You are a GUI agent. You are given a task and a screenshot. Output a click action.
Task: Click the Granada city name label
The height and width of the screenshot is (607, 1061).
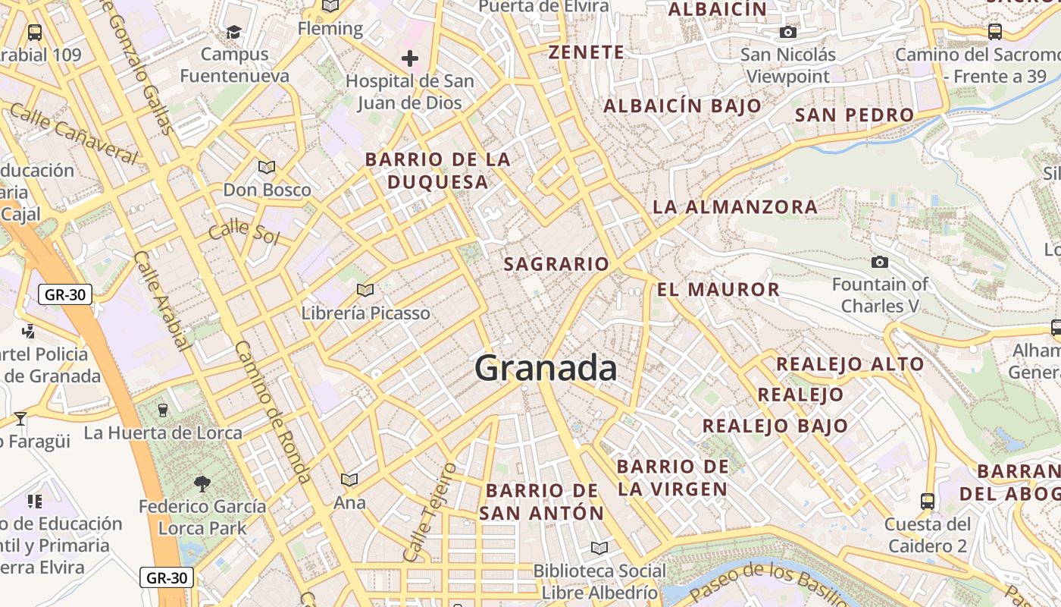pyautogui.click(x=546, y=369)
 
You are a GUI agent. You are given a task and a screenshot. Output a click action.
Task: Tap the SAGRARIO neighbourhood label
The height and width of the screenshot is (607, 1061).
pyautogui.click(x=556, y=264)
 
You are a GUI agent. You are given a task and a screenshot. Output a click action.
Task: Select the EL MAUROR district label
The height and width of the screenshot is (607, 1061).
pyautogui.click(x=718, y=289)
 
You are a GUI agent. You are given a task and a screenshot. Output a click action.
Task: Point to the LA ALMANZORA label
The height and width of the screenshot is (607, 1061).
pyautogui.click(x=735, y=206)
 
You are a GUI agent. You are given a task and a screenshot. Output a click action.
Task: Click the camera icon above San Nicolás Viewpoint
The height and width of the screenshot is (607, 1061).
pyautogui.click(x=788, y=33)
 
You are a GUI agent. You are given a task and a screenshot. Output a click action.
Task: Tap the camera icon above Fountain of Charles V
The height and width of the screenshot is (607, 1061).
pyautogui.click(x=880, y=263)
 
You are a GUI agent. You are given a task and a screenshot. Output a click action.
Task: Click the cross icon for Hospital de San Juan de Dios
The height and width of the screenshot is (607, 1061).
pyautogui.click(x=410, y=58)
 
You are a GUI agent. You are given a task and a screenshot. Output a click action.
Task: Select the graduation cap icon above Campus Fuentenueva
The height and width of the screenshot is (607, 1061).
pyautogui.click(x=234, y=33)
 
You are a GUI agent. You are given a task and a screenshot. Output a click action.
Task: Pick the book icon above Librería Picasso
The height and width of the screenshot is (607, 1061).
pyautogui.click(x=365, y=290)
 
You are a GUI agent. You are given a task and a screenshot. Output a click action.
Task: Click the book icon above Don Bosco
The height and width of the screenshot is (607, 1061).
pyautogui.click(x=266, y=167)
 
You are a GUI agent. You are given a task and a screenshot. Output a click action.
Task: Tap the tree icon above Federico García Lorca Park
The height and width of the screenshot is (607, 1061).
pyautogui.click(x=202, y=483)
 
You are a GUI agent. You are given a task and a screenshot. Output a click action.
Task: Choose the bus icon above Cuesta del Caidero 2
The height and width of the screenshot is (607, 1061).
pyautogui.click(x=928, y=501)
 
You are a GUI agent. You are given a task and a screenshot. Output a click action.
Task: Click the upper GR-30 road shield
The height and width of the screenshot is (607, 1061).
pyautogui.click(x=65, y=294)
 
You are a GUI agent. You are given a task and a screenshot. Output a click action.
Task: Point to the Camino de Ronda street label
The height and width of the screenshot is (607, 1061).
pyautogui.click(x=272, y=412)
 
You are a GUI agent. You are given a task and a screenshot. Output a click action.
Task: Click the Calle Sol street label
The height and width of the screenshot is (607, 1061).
pyautogui.click(x=244, y=232)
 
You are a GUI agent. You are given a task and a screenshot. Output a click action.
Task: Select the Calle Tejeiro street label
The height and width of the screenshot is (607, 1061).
pyautogui.click(x=430, y=512)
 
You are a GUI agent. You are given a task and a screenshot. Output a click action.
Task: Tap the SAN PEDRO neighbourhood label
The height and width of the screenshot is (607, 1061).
pyautogui.click(x=854, y=115)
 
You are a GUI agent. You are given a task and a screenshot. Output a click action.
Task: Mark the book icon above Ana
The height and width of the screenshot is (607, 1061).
pyautogui.click(x=349, y=480)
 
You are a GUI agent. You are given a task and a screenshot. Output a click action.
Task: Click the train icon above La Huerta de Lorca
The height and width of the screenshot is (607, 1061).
pyautogui.click(x=162, y=410)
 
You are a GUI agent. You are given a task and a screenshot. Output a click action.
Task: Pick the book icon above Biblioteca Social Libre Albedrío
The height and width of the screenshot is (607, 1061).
pyautogui.click(x=599, y=548)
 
